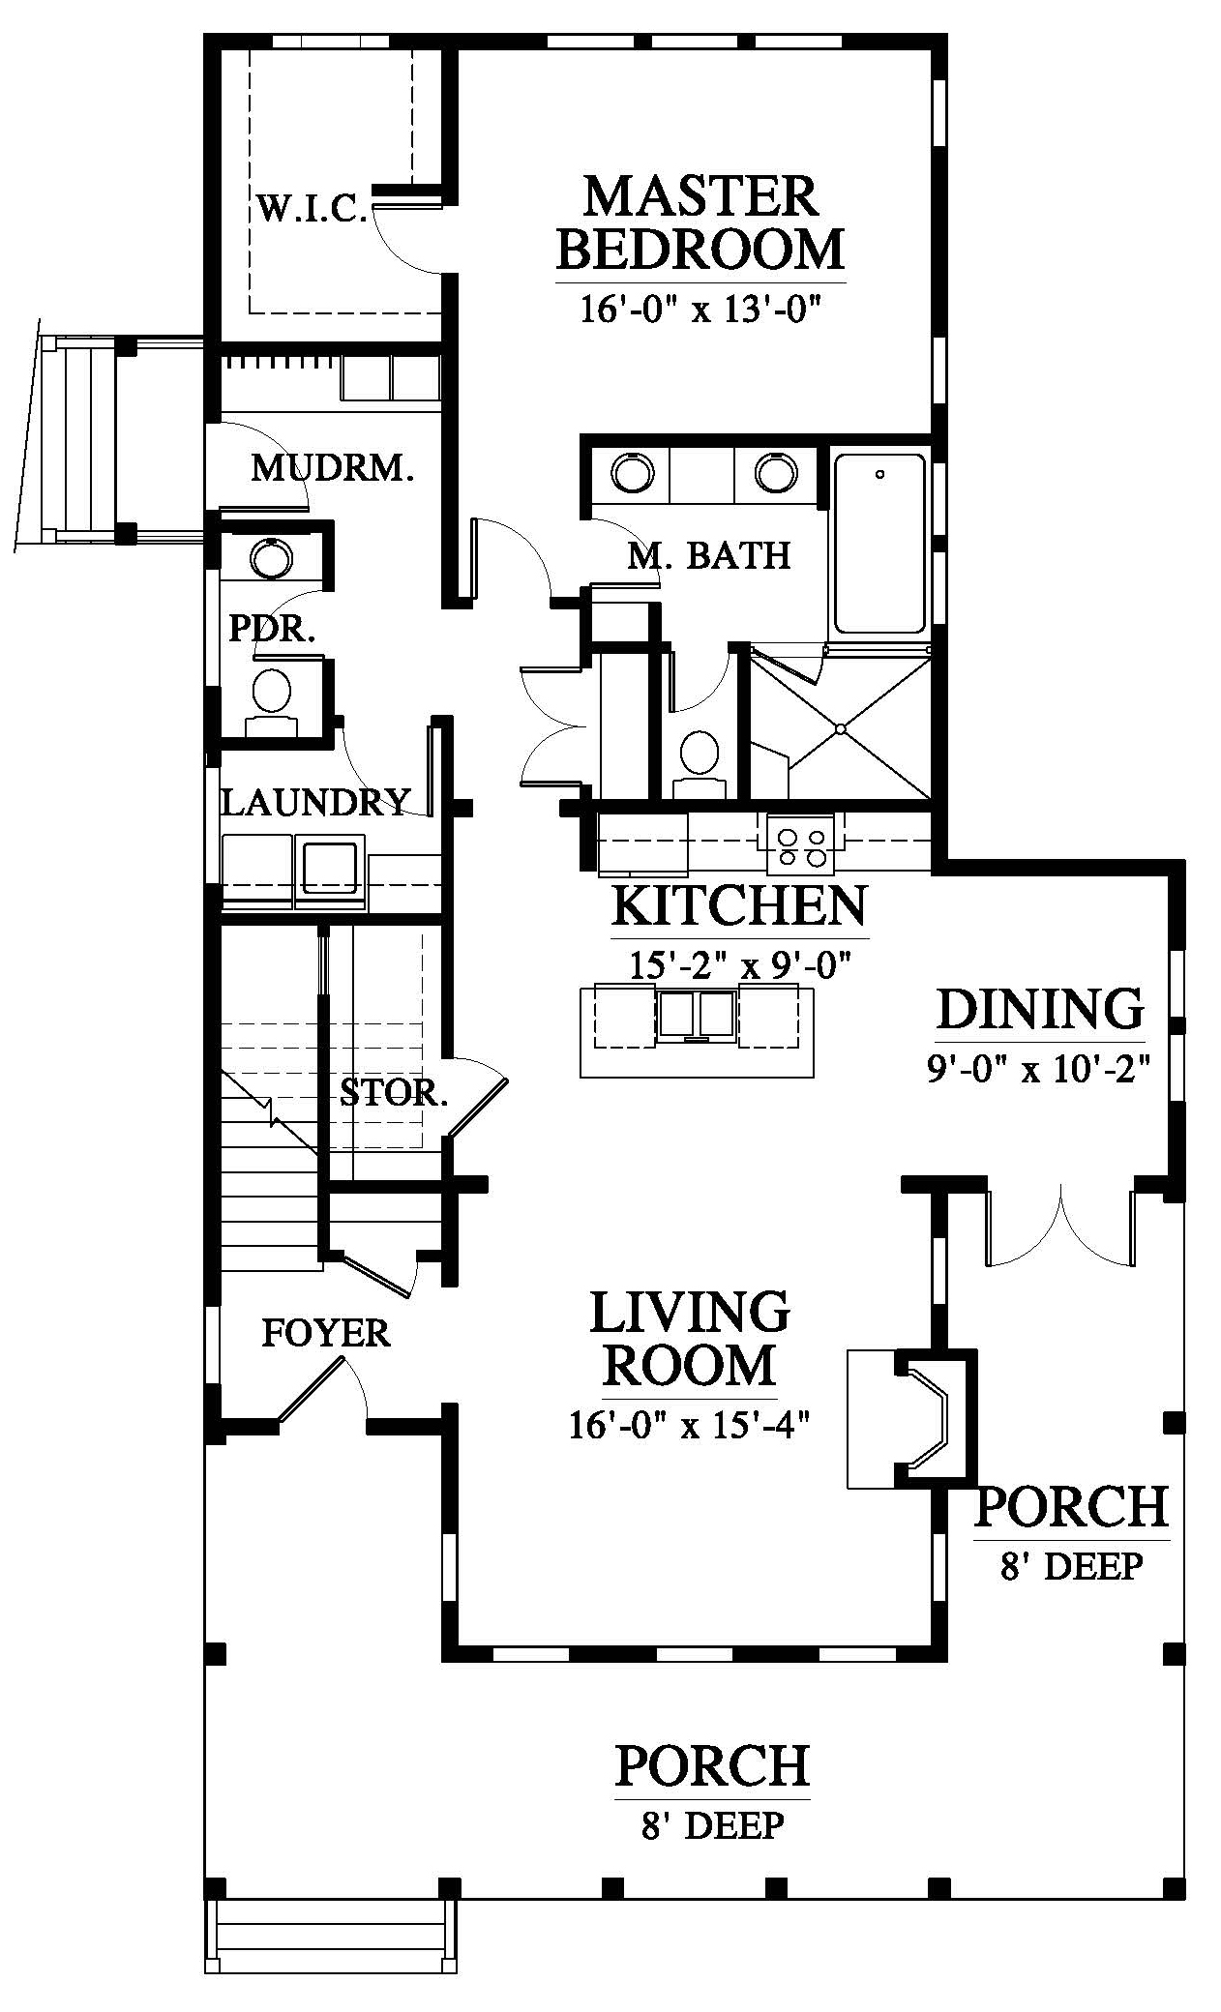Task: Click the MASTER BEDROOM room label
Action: click(x=701, y=222)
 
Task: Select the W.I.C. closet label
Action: click(x=312, y=208)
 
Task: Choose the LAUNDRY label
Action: click(x=315, y=802)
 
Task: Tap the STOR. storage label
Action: click(x=394, y=1092)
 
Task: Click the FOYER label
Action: click(x=326, y=1333)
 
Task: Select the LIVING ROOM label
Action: click(x=690, y=1339)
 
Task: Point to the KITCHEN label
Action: click(x=740, y=905)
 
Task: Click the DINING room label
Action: click(x=1040, y=1009)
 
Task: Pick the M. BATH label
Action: click(x=709, y=555)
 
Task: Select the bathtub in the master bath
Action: click(x=879, y=543)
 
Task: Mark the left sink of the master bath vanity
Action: click(x=632, y=473)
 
